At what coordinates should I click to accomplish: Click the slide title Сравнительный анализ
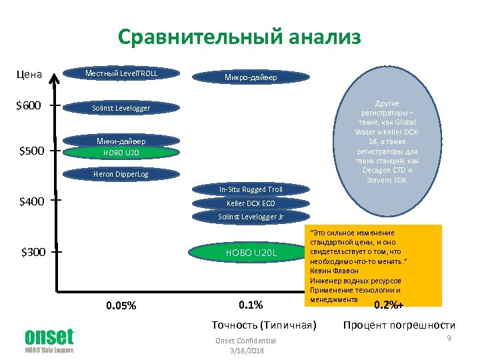[x=239, y=37]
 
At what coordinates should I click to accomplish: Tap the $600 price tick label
[x=31, y=105]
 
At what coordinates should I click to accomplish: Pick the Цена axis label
[x=29, y=74]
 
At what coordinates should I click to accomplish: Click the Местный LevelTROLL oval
[x=121, y=73]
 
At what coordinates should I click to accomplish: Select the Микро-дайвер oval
[x=251, y=77]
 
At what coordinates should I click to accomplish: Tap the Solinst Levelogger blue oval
[x=121, y=108]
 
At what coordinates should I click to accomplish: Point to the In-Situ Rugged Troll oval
[x=251, y=190]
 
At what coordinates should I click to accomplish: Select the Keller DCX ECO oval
[x=251, y=203]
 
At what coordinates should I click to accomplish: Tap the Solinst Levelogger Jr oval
[x=251, y=217]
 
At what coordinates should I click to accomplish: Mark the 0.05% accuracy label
[x=121, y=306]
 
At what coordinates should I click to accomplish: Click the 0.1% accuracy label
[x=251, y=305]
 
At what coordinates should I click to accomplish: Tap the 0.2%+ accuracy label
[x=392, y=305]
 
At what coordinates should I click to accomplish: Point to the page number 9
[x=450, y=339]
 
